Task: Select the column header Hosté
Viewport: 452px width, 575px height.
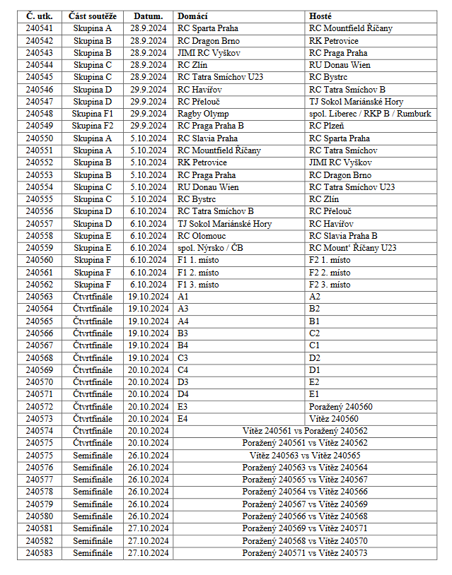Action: coord(320,16)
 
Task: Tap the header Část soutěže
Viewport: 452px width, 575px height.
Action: coord(93,16)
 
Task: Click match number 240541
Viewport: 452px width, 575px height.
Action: coord(39,28)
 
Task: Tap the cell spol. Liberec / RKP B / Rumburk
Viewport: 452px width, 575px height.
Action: coord(370,114)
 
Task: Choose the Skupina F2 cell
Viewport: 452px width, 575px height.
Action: coord(93,126)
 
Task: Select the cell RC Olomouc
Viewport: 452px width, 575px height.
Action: coord(202,236)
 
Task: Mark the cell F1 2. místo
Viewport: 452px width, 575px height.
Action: coord(198,273)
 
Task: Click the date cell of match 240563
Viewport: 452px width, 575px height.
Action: coord(148,297)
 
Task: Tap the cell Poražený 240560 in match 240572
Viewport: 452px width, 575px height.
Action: coord(340,407)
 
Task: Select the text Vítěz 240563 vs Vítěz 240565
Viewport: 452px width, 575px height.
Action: coord(305,456)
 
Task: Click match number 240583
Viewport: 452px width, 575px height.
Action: coord(39,553)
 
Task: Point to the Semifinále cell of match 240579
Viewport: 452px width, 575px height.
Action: coord(93,504)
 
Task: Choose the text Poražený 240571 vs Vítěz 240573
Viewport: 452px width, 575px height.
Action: coord(305,553)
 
